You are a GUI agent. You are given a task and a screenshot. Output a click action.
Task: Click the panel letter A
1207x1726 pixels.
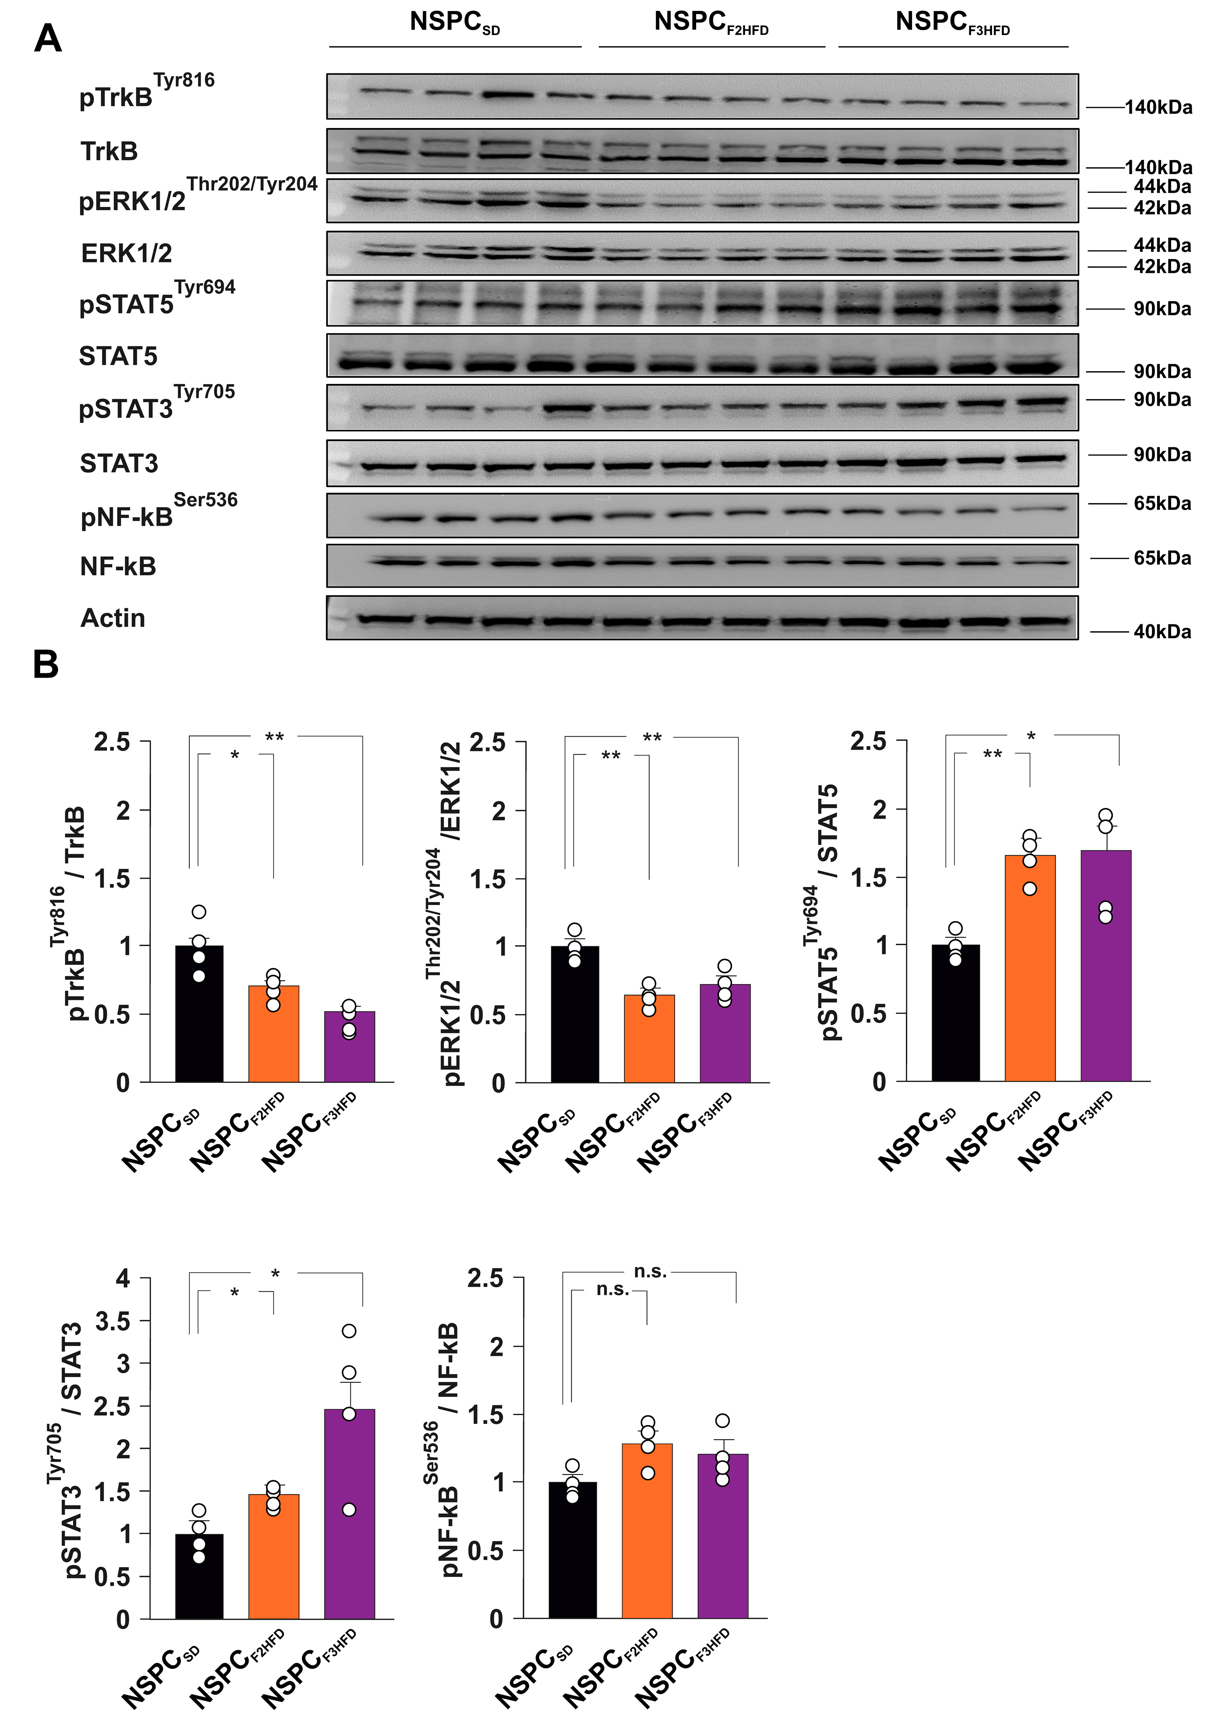coord(48,38)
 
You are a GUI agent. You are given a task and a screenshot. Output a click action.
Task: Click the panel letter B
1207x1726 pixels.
coord(46,665)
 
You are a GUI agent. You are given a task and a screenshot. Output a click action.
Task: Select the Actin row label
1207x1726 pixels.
coord(113,618)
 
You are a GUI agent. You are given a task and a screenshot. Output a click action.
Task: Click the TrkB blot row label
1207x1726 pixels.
coord(109,151)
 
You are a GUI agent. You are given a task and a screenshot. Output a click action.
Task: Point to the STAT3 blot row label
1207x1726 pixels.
coord(119,463)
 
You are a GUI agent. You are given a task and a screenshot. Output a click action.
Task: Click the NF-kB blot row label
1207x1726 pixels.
coord(118,566)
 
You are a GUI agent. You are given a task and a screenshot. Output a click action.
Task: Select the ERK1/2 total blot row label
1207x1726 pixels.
coord(126,253)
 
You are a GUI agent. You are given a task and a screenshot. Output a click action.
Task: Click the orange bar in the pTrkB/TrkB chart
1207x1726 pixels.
coord(274,1034)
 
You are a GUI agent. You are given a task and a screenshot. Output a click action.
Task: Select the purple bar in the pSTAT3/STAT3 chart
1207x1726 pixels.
coord(350,1515)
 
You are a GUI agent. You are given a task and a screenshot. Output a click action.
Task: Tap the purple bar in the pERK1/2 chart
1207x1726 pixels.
coord(725,1034)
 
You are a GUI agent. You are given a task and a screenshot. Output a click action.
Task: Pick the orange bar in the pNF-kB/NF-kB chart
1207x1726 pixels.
coord(647,1531)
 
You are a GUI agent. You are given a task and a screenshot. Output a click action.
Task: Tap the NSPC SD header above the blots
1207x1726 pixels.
coord(454,23)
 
